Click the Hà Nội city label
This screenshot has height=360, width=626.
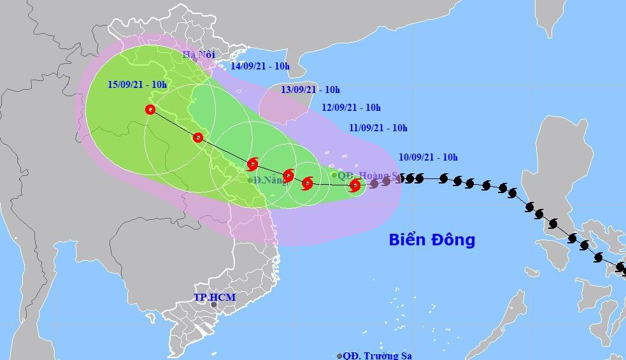click(198, 54)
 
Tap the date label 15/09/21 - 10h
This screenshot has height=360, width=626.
click(136, 84)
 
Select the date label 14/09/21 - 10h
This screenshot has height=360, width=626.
click(260, 66)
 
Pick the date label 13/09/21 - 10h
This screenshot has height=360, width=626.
click(311, 89)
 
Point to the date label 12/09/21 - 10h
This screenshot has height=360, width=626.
click(351, 108)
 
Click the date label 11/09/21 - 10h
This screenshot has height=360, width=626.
click(378, 128)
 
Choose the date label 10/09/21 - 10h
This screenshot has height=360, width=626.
click(429, 157)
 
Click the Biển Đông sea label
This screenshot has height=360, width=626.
click(432, 240)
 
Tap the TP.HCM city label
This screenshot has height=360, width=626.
click(215, 297)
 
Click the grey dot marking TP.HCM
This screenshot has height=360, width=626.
click(214, 305)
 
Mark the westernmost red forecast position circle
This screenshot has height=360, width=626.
click(150, 110)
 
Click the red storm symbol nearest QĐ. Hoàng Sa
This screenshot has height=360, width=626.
click(355, 185)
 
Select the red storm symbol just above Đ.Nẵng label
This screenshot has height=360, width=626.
click(252, 164)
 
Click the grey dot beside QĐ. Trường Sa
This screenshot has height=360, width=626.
click(339, 356)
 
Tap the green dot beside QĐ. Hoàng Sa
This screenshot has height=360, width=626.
click(334, 175)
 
